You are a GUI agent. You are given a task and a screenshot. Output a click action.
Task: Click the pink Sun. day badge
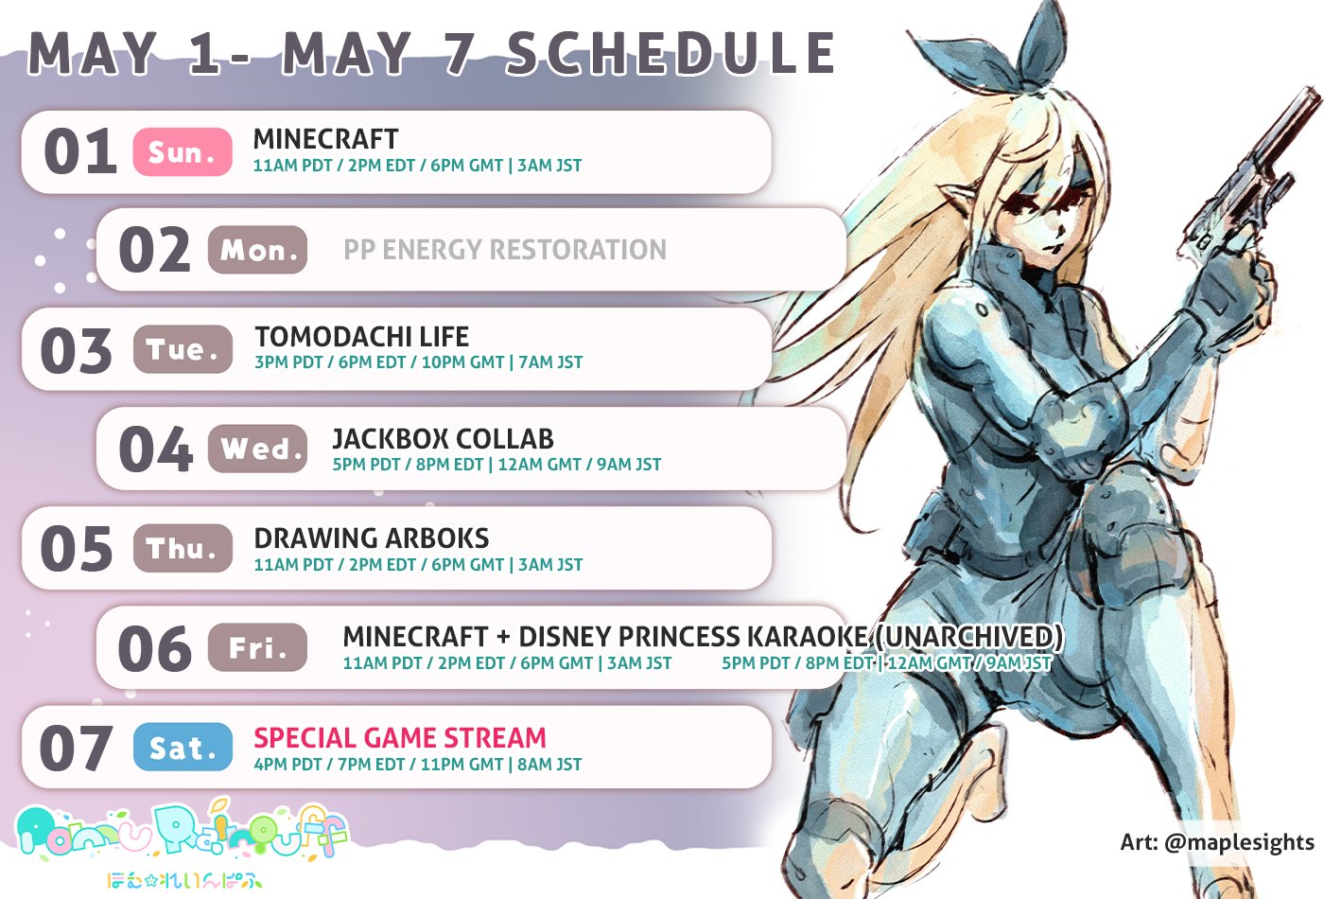tap(183, 151)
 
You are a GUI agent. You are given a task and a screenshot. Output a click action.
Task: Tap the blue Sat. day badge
tap(183, 747)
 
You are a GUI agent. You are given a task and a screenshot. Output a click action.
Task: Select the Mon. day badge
tap(257, 250)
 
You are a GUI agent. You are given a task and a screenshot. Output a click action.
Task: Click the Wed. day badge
tap(257, 449)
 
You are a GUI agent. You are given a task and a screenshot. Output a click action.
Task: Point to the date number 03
tap(77, 350)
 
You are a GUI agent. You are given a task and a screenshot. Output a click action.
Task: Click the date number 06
tap(155, 648)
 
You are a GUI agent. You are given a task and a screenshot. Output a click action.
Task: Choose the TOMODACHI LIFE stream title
tap(361, 337)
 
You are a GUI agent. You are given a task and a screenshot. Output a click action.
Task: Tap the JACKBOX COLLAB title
tap(443, 439)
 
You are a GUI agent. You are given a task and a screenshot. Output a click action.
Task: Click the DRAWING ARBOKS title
tap(371, 538)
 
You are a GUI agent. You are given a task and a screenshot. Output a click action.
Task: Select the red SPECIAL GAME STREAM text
tap(399, 737)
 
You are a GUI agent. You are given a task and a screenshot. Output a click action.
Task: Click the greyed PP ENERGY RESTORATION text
tap(505, 249)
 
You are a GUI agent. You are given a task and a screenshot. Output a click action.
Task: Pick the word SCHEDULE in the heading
tap(671, 53)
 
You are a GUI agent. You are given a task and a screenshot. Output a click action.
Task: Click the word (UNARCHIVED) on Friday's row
tap(966, 636)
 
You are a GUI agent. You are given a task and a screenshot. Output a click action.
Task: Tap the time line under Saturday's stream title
tap(418, 765)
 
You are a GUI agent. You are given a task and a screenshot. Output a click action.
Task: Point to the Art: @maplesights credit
tap(1217, 841)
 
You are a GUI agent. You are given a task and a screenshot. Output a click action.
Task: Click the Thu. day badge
tap(183, 548)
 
